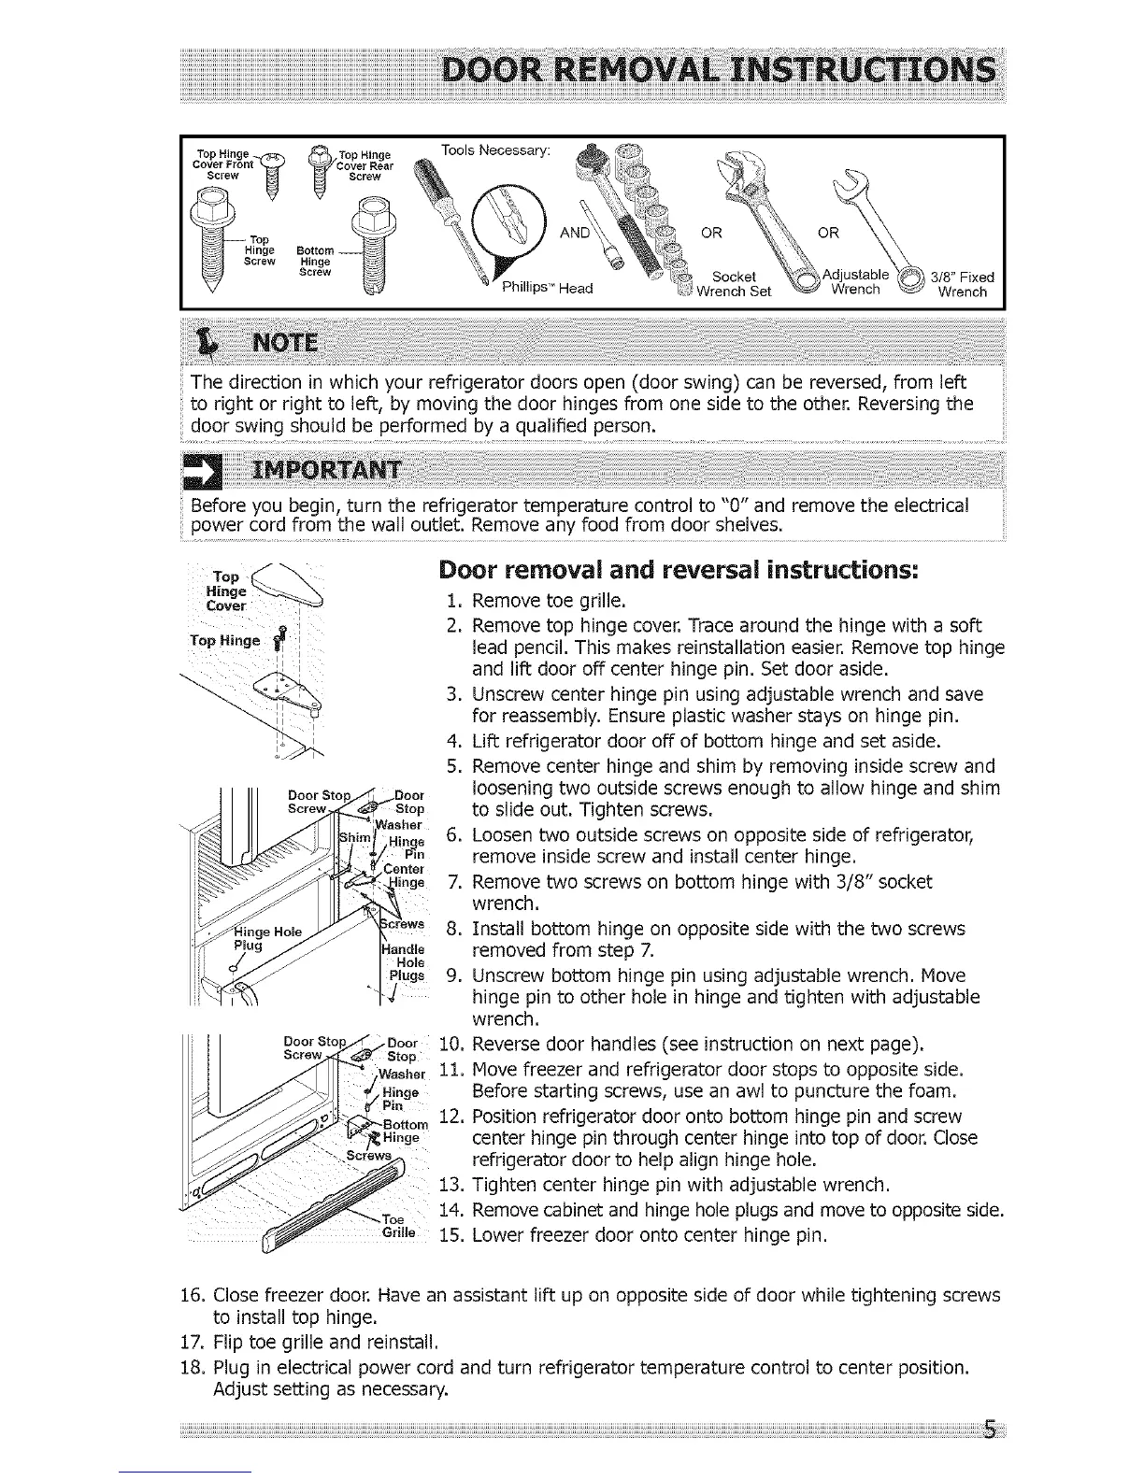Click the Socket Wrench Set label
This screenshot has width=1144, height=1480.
(x=733, y=283)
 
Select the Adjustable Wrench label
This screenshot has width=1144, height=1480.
(x=855, y=282)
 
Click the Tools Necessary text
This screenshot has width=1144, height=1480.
(x=496, y=150)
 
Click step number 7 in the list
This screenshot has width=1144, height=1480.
(x=453, y=882)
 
